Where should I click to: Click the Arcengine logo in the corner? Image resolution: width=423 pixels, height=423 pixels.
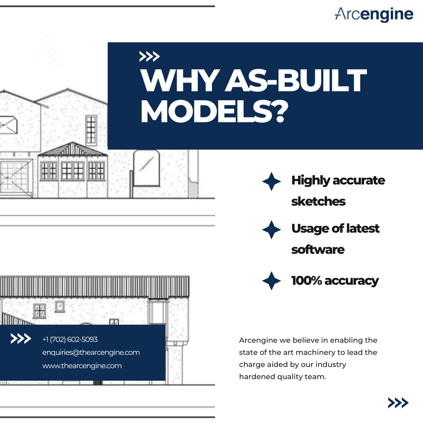coord(374,14)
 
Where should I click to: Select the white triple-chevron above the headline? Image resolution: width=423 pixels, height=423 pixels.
coord(150,57)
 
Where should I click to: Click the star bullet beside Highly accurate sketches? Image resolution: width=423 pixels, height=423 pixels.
coord(271,181)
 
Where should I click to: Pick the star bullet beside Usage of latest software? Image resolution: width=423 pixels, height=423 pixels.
coord(271,230)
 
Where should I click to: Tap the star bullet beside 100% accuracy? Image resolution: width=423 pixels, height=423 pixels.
coord(271,280)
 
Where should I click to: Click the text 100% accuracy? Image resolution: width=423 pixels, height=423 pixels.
coord(335,281)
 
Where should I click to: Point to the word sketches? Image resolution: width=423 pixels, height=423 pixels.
coord(318,201)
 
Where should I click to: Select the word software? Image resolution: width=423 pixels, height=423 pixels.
coord(318,249)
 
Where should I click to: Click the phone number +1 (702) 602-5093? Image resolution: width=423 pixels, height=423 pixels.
coord(70,339)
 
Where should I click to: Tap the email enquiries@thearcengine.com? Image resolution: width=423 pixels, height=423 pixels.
coord(91,352)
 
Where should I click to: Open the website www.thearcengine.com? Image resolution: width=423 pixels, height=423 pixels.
coord(82,366)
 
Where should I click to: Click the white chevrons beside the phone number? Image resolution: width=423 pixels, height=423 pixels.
coord(21,339)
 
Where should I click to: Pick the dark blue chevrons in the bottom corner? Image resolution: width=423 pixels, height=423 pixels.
coord(398,403)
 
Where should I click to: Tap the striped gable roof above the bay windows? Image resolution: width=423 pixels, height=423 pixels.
coord(73,149)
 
